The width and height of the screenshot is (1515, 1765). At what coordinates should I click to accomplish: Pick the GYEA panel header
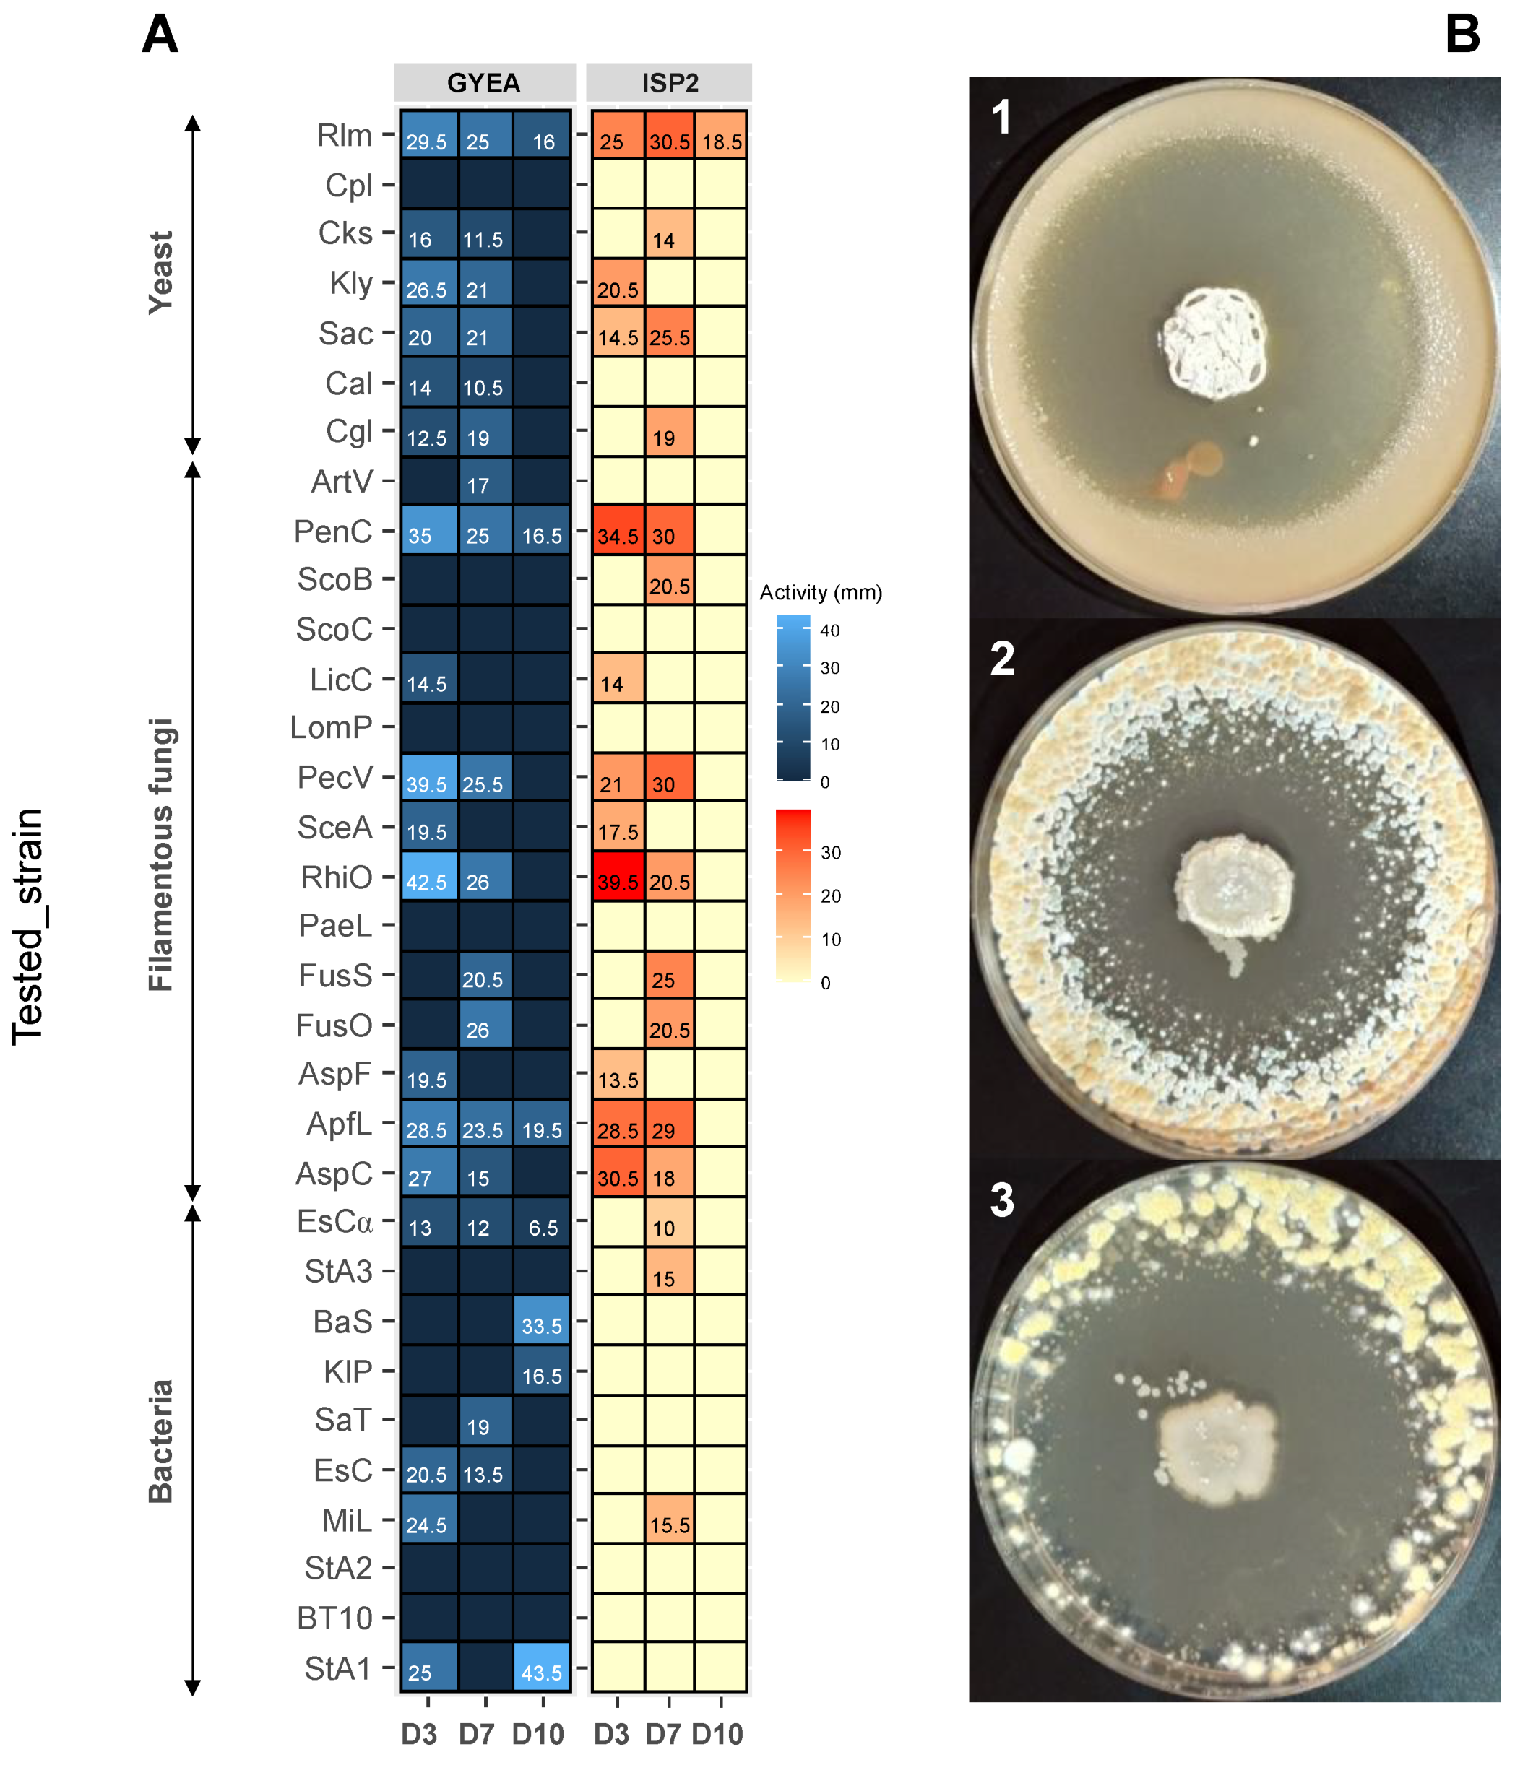(x=484, y=82)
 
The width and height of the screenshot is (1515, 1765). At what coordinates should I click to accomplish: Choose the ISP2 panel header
(x=670, y=82)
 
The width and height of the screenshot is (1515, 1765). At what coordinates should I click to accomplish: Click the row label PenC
(x=333, y=531)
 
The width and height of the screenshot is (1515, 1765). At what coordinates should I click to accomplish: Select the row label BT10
(x=335, y=1618)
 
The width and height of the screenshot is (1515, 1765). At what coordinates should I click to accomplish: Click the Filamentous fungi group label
(x=161, y=854)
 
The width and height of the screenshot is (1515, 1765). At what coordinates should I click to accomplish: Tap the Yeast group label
(x=161, y=272)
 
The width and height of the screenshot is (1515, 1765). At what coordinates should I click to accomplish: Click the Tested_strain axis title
(x=28, y=926)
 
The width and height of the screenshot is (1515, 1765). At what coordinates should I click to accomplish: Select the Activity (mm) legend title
(x=821, y=592)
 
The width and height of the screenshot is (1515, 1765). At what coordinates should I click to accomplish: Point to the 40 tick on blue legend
(x=829, y=630)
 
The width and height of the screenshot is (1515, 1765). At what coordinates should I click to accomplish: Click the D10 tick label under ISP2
(x=717, y=1733)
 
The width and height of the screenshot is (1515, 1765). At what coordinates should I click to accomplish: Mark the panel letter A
(x=160, y=36)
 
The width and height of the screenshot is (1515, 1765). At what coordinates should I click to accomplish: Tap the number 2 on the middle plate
(x=1002, y=659)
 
